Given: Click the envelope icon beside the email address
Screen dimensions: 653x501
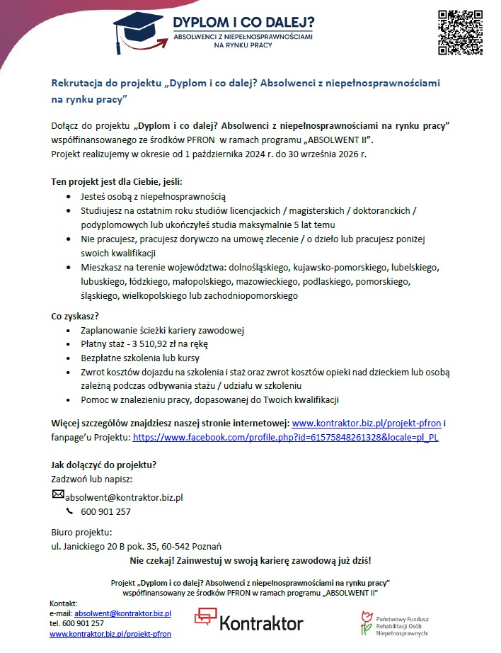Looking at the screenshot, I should (59, 495).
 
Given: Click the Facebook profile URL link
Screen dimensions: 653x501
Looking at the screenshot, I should (286, 438).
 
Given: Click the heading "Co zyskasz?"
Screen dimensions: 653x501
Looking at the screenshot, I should (75, 316).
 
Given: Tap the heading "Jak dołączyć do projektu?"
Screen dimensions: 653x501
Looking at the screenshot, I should (103, 465).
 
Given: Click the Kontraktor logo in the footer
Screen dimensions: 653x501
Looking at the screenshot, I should (248, 621).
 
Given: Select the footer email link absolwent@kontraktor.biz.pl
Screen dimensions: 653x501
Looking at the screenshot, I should (123, 613).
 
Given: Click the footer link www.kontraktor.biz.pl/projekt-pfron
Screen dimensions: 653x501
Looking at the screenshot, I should (110, 634).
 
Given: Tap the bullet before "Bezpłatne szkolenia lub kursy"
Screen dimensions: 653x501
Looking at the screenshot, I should (68, 358).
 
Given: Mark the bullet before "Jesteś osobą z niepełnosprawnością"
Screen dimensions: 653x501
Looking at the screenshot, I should (68, 196).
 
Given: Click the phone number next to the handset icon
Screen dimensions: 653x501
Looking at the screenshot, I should (106, 512).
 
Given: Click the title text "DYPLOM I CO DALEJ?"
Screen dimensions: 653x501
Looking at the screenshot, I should (244, 23).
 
